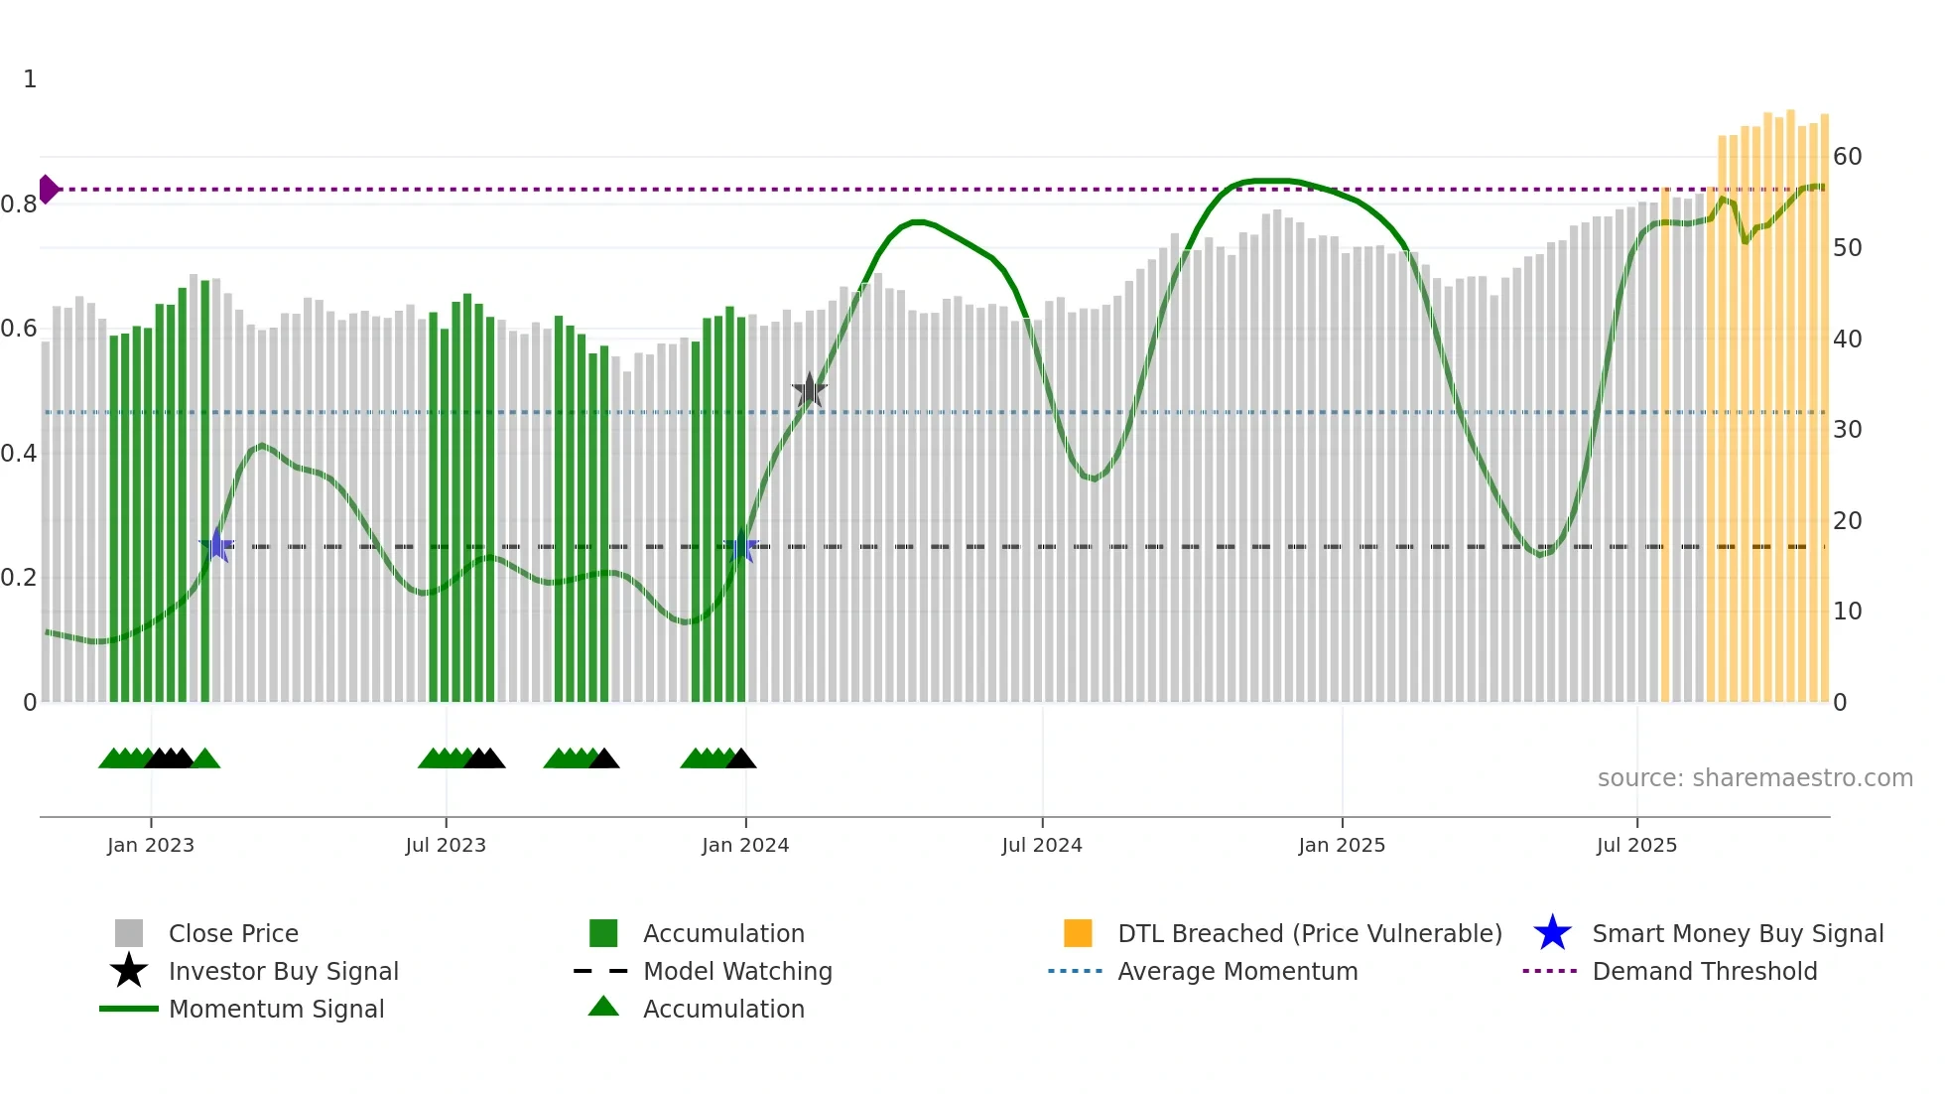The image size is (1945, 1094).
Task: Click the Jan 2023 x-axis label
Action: click(x=151, y=845)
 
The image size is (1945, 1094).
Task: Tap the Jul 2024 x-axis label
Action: click(x=1042, y=845)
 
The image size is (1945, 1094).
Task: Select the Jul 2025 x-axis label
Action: click(x=1636, y=845)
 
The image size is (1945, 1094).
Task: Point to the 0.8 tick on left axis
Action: click(x=19, y=205)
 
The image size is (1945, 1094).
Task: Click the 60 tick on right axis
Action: click(x=1847, y=157)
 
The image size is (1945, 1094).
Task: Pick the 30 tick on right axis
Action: click(x=1847, y=430)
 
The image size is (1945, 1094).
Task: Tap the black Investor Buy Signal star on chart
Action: click(x=810, y=390)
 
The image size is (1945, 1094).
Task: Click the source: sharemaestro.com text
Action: click(x=1754, y=778)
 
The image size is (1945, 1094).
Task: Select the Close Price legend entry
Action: click(x=233, y=933)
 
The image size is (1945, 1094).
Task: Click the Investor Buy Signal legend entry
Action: click(x=283, y=971)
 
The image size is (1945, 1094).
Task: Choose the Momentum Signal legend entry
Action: click(x=276, y=1009)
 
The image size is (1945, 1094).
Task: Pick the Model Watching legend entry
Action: click(x=737, y=971)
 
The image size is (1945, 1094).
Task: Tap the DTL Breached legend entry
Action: click(x=1309, y=933)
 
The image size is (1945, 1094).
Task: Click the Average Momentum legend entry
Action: click(x=1237, y=971)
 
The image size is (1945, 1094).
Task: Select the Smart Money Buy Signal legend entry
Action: click(x=1738, y=933)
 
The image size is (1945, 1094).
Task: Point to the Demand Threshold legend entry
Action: click(x=1704, y=971)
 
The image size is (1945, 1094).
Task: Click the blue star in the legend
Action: click(x=1552, y=933)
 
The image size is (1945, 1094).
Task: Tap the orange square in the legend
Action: click(x=1078, y=933)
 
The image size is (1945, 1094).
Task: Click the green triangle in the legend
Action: click(x=603, y=1007)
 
